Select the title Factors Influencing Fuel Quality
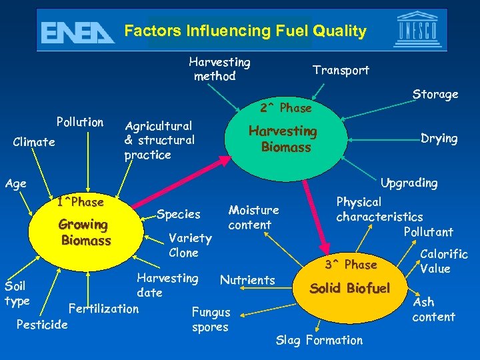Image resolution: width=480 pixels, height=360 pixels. [x=245, y=31]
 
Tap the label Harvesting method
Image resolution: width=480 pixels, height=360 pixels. [x=219, y=69]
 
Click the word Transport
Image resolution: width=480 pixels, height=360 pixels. [x=341, y=70]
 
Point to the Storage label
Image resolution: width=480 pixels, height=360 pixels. [x=435, y=94]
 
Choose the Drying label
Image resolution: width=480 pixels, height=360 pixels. [x=439, y=139]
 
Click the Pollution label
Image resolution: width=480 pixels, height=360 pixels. [x=80, y=122]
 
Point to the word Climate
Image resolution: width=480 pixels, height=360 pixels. [x=34, y=142]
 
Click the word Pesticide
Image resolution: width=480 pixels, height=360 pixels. [x=43, y=325]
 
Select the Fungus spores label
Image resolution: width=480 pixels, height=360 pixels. [x=211, y=319]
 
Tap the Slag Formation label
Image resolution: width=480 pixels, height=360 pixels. [x=319, y=340]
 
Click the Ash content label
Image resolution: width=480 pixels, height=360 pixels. [x=433, y=309]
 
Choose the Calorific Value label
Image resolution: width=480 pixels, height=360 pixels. [x=443, y=261]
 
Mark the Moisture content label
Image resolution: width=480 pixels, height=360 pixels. [x=253, y=217]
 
